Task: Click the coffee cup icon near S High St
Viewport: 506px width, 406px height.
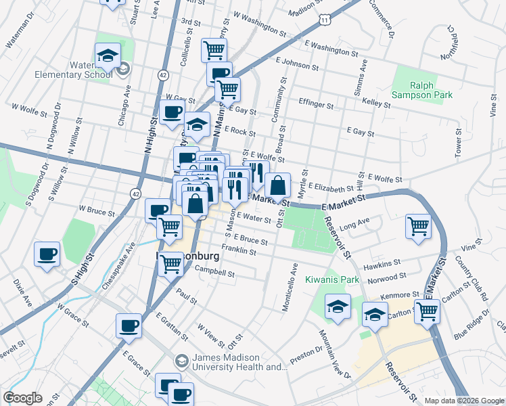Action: tap(47, 254)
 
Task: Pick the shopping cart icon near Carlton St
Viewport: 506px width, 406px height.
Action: tap(427, 311)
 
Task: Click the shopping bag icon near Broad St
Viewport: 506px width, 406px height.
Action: tap(278, 185)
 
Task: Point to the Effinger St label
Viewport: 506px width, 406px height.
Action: tap(315, 105)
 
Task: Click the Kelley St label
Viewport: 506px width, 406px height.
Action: tap(377, 104)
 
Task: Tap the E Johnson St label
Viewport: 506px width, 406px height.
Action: tap(297, 64)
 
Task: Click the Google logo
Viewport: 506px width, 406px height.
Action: tap(23, 398)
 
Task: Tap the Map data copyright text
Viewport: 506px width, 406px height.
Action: tap(464, 401)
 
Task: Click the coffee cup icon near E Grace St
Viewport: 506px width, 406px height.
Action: tap(129, 326)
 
